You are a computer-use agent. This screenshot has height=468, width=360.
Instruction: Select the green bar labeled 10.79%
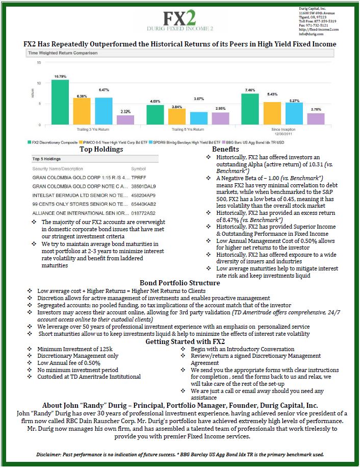point(60,102)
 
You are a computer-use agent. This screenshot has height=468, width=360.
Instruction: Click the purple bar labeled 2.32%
point(125,120)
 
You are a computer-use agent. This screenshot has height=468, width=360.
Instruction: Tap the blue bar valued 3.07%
point(199,118)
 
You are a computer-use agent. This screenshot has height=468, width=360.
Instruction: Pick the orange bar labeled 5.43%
point(272,113)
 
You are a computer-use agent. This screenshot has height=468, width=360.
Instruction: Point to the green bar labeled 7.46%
point(250,109)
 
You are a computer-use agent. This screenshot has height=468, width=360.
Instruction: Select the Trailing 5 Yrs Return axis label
point(185,129)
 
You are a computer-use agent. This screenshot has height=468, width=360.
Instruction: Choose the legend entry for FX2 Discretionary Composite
point(54,142)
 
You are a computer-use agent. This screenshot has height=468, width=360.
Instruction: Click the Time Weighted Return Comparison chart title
point(62,53)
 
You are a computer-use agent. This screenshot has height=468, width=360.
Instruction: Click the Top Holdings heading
point(101,150)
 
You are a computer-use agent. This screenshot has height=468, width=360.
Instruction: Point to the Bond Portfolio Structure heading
point(179,283)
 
